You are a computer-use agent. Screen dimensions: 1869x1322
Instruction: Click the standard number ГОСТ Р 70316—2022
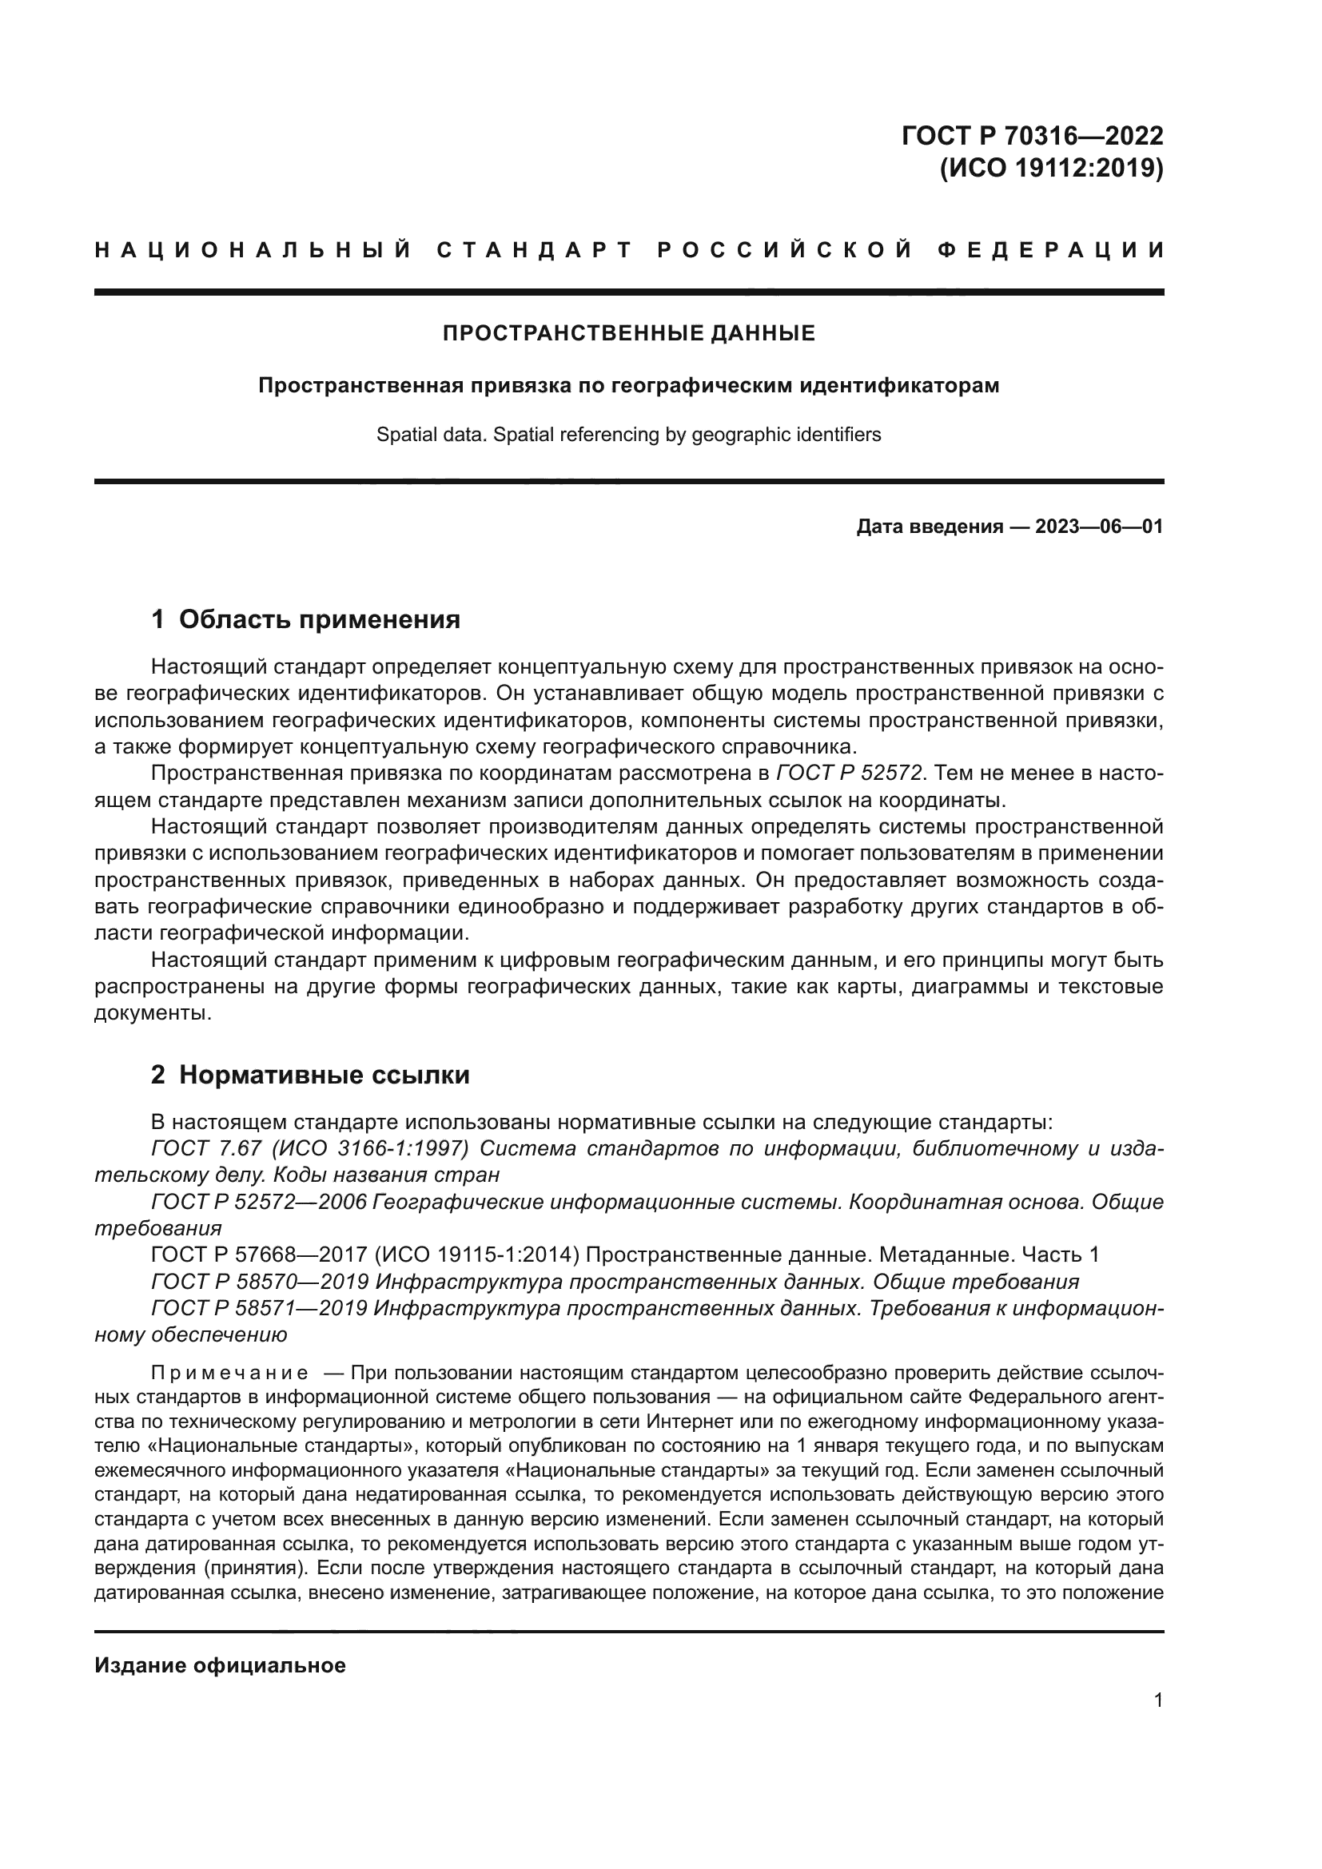(x=1032, y=135)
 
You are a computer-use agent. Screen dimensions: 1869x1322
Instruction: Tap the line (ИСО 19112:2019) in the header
(x=1051, y=169)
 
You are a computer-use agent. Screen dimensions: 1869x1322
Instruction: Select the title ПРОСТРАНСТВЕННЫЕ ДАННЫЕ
(x=628, y=333)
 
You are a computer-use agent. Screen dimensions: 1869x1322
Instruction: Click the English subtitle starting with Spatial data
(x=628, y=435)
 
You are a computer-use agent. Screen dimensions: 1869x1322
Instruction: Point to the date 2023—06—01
(x=1099, y=527)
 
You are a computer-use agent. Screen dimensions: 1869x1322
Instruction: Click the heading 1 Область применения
(x=306, y=619)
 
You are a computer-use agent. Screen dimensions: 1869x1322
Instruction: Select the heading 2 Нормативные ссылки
(x=310, y=1076)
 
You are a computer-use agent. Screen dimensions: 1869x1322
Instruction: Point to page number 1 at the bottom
(x=1158, y=1700)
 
